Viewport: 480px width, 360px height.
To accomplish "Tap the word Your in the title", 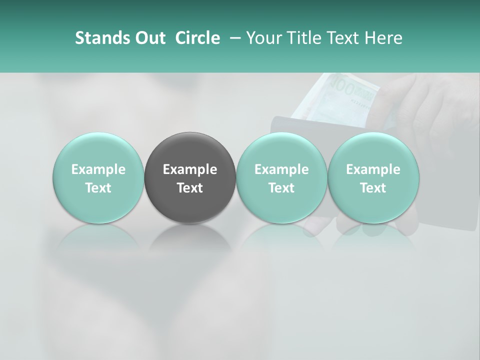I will [x=262, y=38].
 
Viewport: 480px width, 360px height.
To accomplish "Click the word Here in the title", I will [x=382, y=38].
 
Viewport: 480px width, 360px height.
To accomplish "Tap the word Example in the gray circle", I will [x=190, y=169].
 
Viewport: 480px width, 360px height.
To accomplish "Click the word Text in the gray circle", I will [x=190, y=188].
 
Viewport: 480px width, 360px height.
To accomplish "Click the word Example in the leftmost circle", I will [x=98, y=169].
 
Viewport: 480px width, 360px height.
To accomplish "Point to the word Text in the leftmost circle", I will [x=98, y=188].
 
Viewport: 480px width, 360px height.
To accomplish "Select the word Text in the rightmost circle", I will [x=373, y=188].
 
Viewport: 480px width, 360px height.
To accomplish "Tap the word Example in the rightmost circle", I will [x=373, y=169].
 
